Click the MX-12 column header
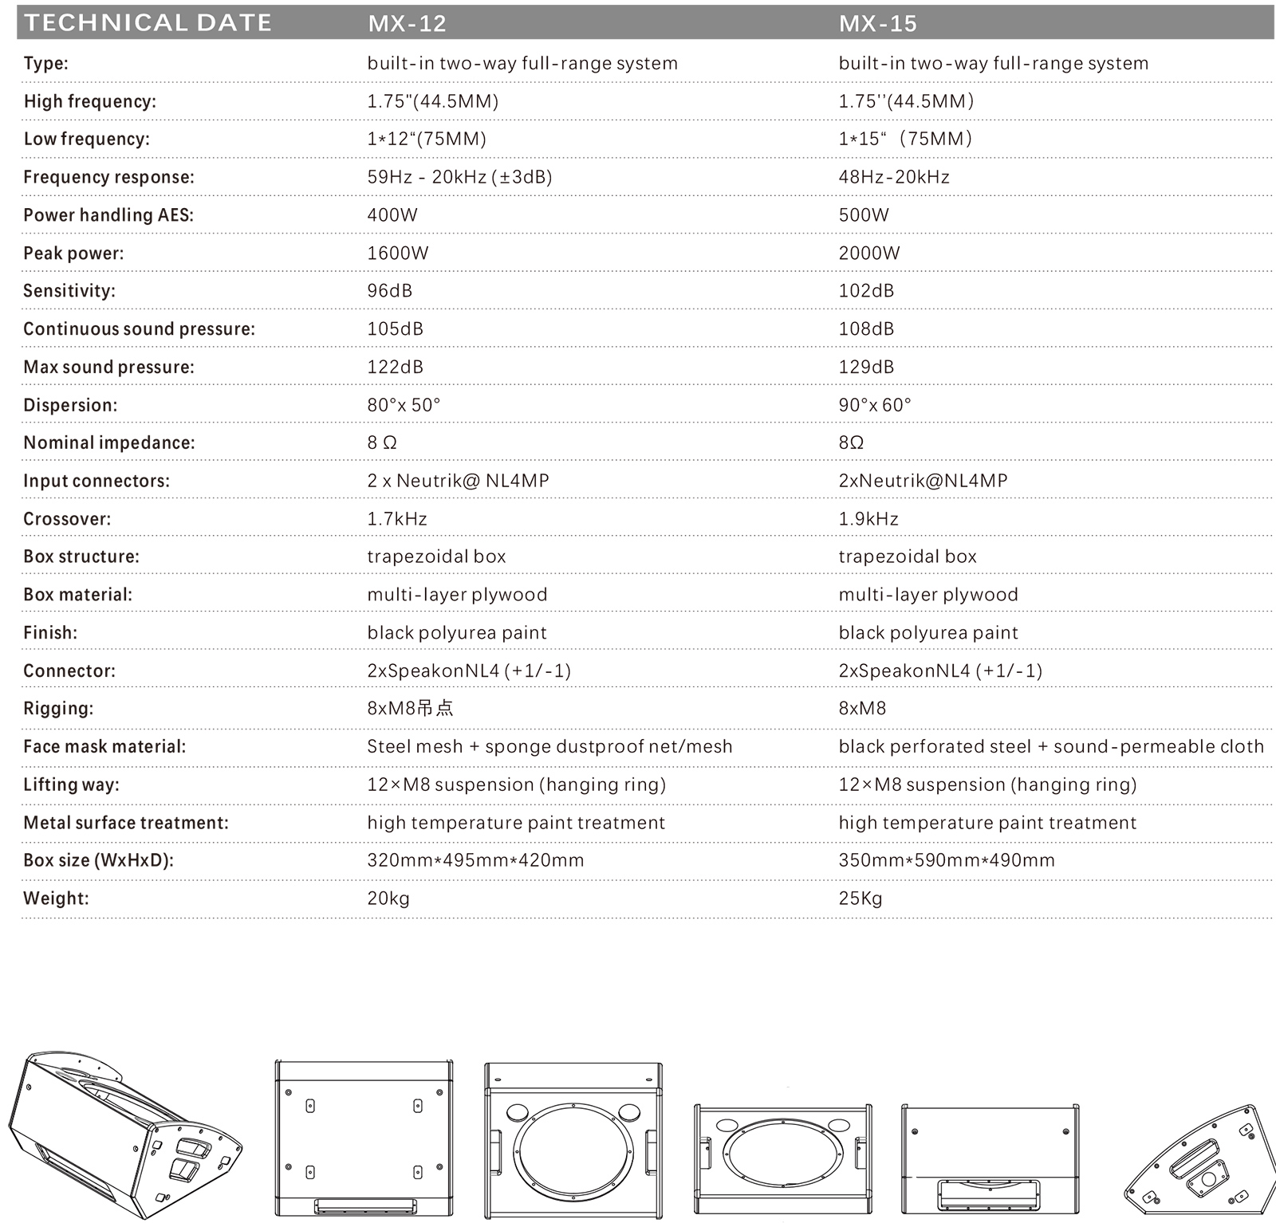[x=407, y=23]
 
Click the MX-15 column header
[x=877, y=23]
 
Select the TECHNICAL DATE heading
[x=148, y=23]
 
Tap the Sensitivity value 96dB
[x=390, y=291]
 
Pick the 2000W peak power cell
[x=869, y=254]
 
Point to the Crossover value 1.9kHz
[x=868, y=519]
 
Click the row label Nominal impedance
[x=109, y=443]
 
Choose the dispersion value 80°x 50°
[x=404, y=405]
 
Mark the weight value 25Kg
[x=861, y=899]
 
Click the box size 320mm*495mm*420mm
[x=475, y=860]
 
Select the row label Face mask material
[x=104, y=747]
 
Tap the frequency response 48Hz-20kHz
[x=894, y=177]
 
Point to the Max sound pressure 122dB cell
[x=395, y=368]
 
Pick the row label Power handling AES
[x=108, y=215]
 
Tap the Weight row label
[x=56, y=899]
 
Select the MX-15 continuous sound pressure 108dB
[x=866, y=329]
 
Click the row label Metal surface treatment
[x=126, y=823]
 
